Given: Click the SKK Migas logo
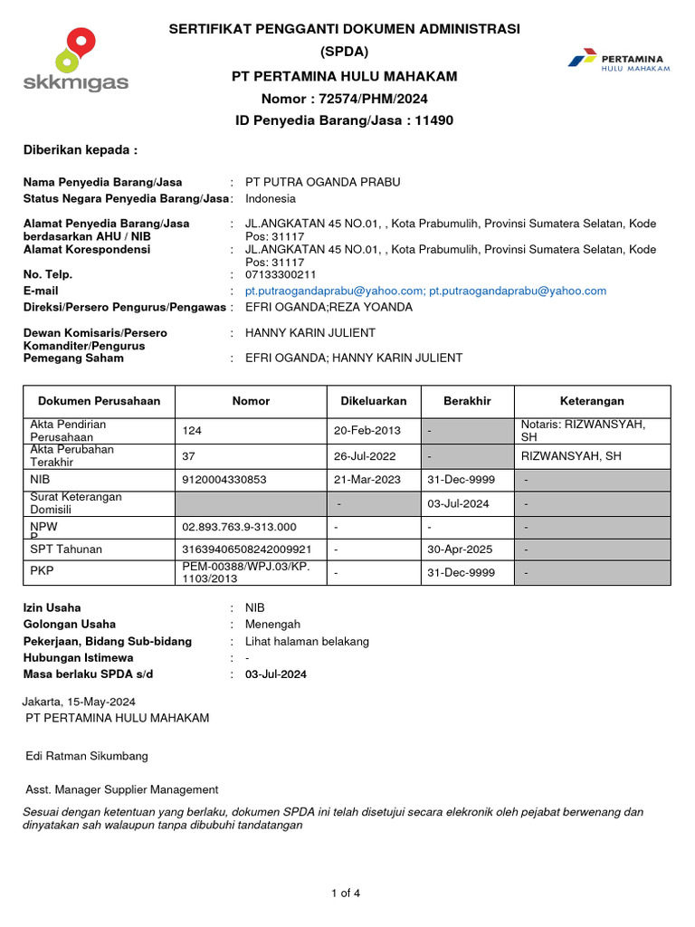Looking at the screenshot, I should click(x=76, y=60).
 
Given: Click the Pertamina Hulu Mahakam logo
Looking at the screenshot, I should click(x=619, y=61).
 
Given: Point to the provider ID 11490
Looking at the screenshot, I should click(x=433, y=120).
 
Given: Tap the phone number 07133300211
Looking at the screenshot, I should click(x=282, y=274).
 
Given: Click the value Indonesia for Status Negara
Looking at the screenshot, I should click(x=271, y=198).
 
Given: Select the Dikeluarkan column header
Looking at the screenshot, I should click(x=373, y=401).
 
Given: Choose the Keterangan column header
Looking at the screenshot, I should click(x=592, y=401).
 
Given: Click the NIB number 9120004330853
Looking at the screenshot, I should click(x=224, y=480).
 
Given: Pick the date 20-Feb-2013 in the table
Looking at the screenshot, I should click(x=367, y=430).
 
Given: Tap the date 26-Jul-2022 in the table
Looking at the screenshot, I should click(x=367, y=456).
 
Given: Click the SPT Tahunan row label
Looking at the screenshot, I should click(x=66, y=549).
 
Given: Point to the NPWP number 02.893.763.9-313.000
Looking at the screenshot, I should click(x=239, y=526).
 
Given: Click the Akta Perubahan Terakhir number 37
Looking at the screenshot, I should click(x=189, y=456).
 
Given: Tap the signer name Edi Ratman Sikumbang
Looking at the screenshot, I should click(x=87, y=756).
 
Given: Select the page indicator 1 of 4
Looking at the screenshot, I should click(x=347, y=894).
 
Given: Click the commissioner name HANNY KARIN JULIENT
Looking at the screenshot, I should click(x=310, y=333).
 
